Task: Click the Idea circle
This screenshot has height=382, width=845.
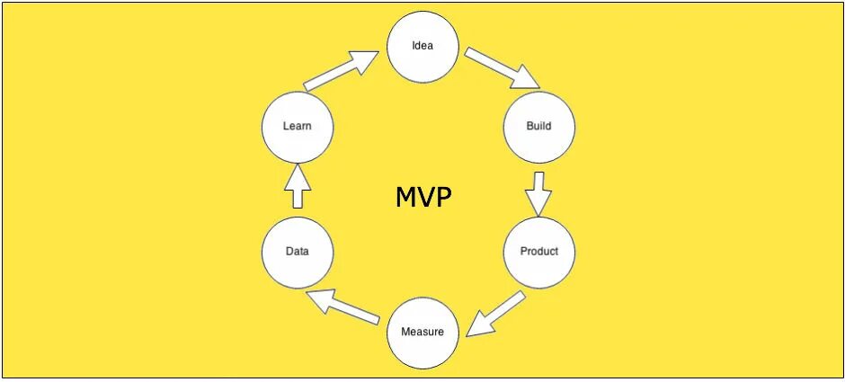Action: pos(422,46)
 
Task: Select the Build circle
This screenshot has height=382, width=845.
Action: pos(538,126)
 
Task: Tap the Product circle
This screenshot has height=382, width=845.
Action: pos(538,252)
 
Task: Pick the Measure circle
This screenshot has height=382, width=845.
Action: pos(422,332)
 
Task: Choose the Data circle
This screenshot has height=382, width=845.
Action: pos(298,252)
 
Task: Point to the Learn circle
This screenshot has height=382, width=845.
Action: pos(298,126)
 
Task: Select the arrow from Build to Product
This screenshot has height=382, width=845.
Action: pos(538,192)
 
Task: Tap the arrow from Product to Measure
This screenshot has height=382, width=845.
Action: pos(496,313)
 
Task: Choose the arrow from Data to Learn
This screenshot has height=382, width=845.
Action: pos(298,187)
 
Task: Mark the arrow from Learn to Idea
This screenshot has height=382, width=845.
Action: pos(342,72)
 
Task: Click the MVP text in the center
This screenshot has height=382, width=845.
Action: pos(423,197)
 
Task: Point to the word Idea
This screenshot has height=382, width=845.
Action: pos(422,46)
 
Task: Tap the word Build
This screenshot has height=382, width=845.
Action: pos(538,126)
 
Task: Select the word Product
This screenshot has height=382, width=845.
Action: pos(538,252)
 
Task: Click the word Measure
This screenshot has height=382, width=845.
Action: pos(422,332)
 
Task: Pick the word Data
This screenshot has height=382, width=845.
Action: pos(298,252)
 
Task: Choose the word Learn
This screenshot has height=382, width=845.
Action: pos(298,126)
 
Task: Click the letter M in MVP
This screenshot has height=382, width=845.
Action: pos(405,197)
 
